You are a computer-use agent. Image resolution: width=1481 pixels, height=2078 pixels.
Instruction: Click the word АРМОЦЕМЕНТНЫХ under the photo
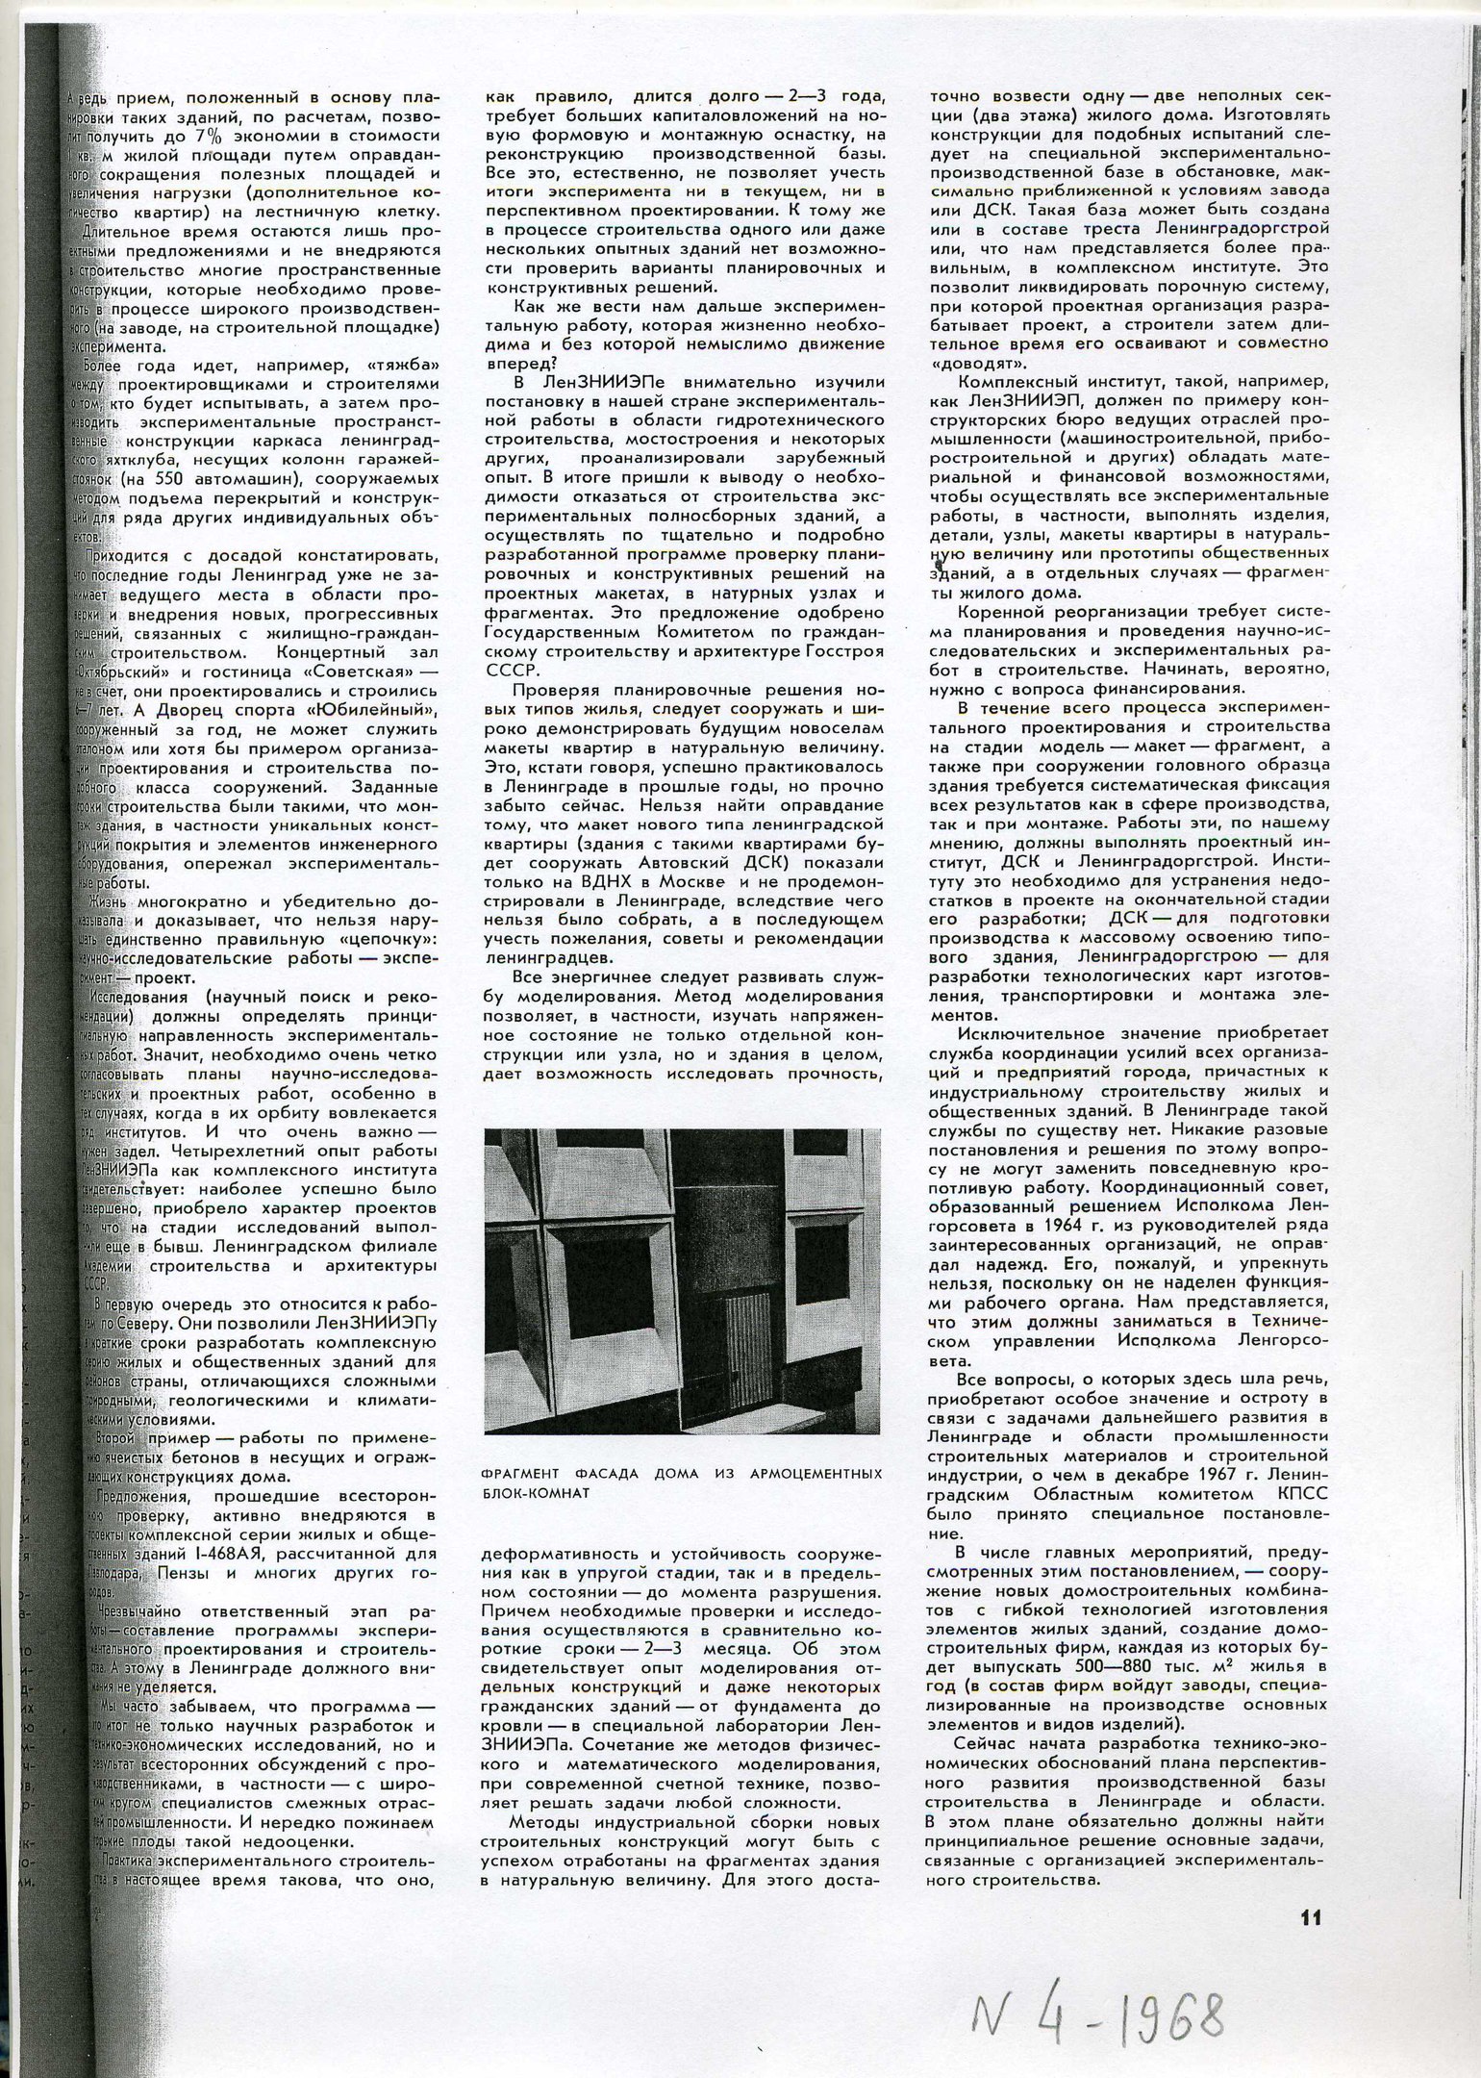click(822, 1500)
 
